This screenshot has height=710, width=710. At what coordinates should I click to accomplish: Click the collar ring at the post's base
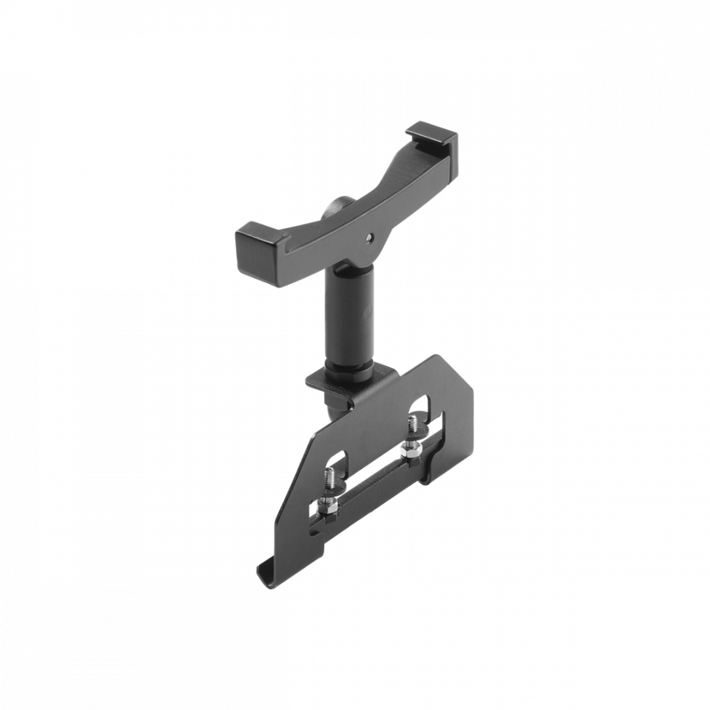pos(349,366)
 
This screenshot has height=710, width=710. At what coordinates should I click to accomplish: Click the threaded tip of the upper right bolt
pos(414,424)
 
